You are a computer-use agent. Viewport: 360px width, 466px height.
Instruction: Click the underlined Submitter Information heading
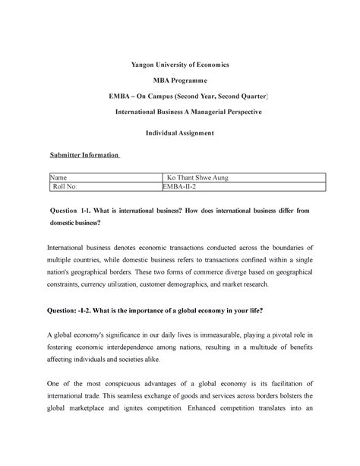(x=84, y=154)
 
